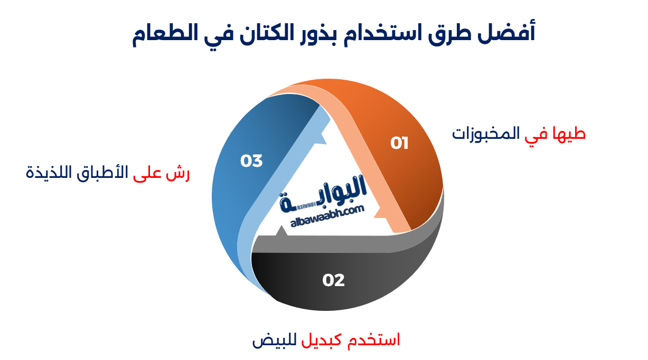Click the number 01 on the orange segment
pos(399,143)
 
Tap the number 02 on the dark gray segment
pos(333,280)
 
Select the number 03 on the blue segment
pos(251,161)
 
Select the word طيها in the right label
pos(570,134)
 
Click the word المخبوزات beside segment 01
pos(485,134)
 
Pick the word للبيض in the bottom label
pos(271,339)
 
